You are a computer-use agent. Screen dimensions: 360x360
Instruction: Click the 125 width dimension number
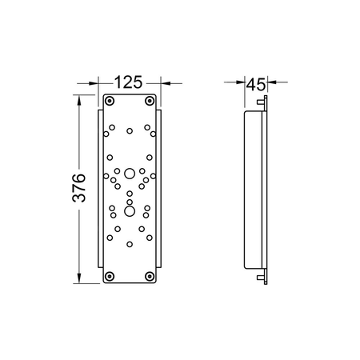[x=129, y=82]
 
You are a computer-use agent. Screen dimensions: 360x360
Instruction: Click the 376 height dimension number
[x=79, y=188]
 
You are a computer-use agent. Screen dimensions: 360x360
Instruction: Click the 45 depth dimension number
[x=256, y=85]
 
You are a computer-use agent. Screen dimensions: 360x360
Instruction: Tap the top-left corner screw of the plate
[x=110, y=101]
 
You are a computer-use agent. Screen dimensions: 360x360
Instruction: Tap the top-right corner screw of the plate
[x=150, y=101]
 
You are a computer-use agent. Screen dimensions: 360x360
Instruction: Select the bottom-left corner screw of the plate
[x=110, y=276]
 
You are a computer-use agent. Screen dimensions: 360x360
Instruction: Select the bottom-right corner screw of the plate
[x=150, y=276]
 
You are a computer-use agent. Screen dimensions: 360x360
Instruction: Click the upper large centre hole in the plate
[x=130, y=174]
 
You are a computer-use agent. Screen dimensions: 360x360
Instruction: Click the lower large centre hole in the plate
[x=130, y=211]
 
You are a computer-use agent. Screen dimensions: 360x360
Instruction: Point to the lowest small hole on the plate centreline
[x=130, y=244]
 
